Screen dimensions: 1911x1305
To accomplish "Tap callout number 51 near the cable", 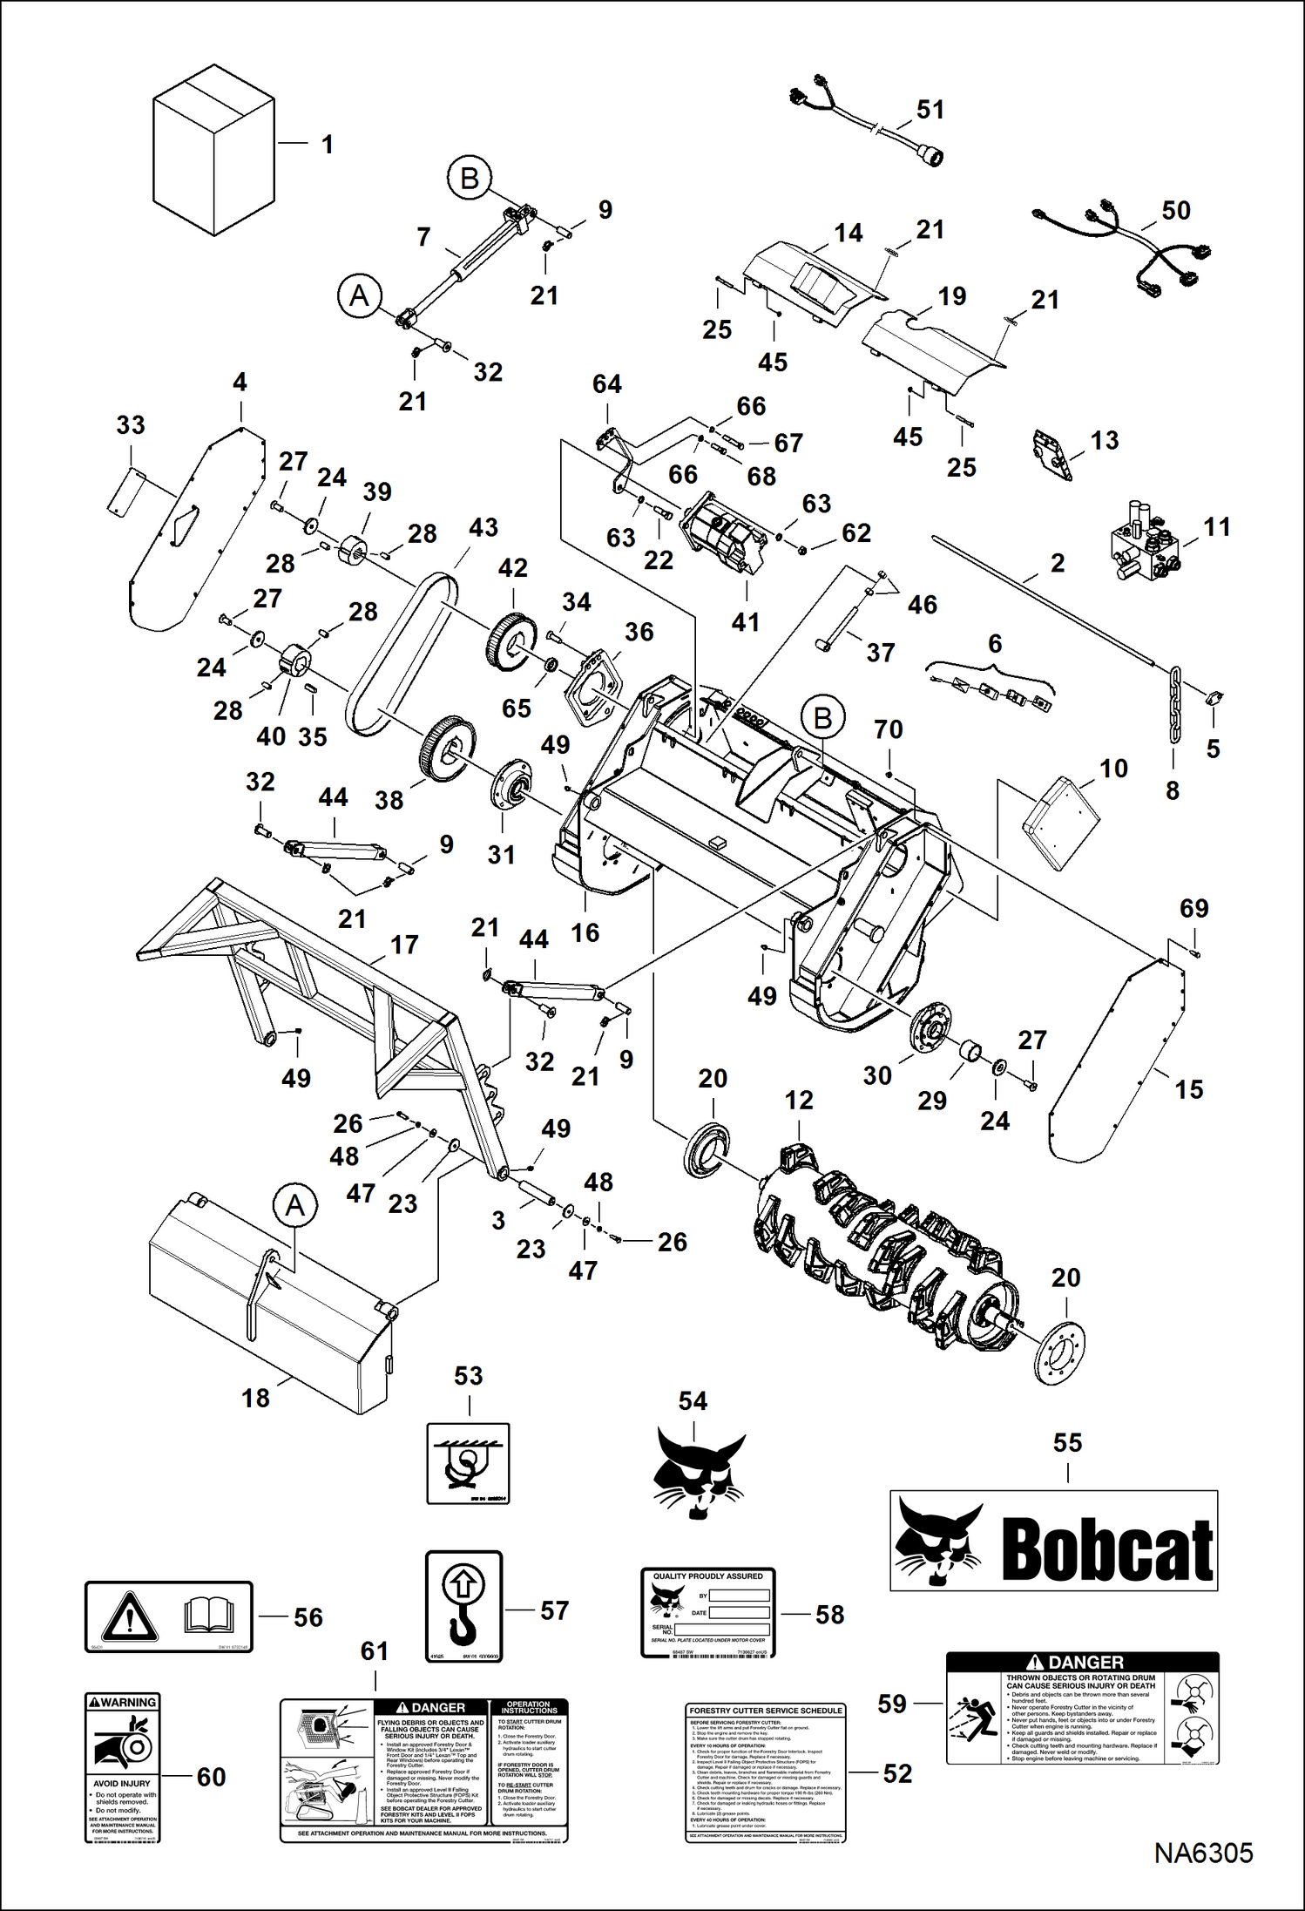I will click(x=930, y=110).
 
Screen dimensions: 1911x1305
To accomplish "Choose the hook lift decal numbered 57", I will click(x=463, y=1606).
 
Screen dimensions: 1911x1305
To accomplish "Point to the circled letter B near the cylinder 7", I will click(x=470, y=179).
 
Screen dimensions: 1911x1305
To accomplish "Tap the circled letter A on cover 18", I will click(x=295, y=1206).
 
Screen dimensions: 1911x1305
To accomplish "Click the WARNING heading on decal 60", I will click(x=123, y=1702).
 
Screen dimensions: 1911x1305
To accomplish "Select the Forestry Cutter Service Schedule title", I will click(x=766, y=1711).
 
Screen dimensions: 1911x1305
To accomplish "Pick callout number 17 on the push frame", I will click(x=404, y=945).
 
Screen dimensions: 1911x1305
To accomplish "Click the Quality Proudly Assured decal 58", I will click(x=708, y=1611).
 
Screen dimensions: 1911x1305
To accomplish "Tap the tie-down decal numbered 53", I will click(x=468, y=1463).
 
